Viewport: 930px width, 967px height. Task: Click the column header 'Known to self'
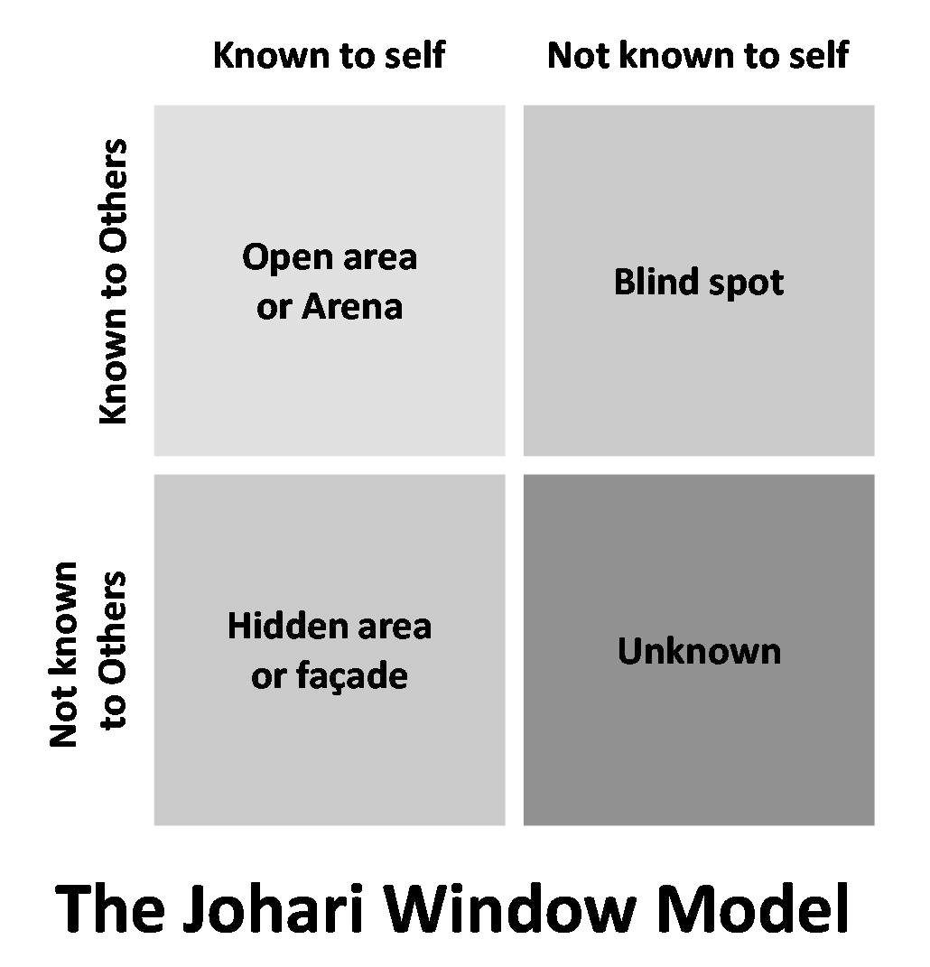pyautogui.click(x=329, y=55)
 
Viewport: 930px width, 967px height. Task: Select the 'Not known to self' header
pyautogui.click(x=698, y=55)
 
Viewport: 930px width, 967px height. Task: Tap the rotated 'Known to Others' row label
pyautogui.click(x=114, y=281)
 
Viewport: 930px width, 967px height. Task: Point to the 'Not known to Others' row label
pyautogui.click(x=88, y=655)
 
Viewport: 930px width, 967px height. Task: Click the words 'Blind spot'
pyautogui.click(x=699, y=283)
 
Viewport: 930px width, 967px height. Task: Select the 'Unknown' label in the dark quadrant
pyautogui.click(x=699, y=651)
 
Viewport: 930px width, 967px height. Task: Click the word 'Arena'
pyautogui.click(x=351, y=306)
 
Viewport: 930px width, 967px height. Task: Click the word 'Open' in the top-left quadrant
pyautogui.click(x=288, y=258)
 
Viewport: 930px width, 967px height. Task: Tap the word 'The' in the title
pyautogui.click(x=110, y=909)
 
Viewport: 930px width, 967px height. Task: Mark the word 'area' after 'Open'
pyautogui.click(x=380, y=259)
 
